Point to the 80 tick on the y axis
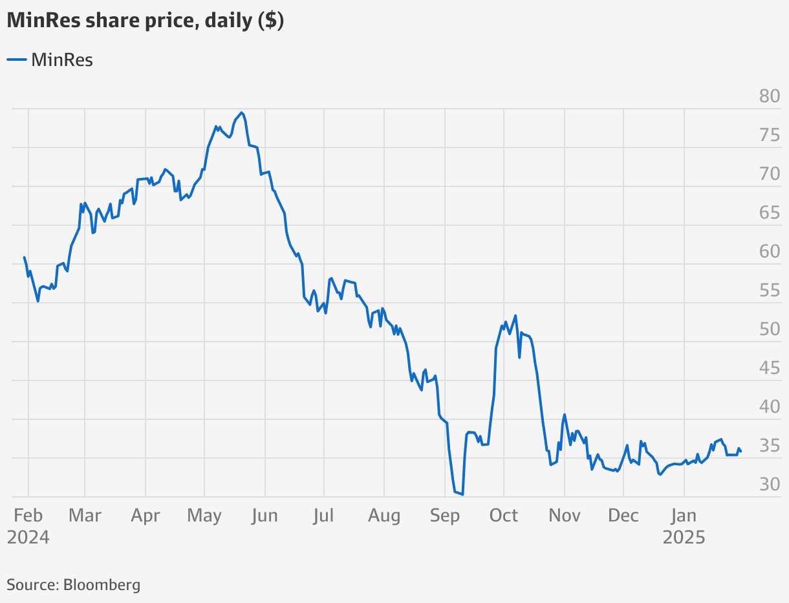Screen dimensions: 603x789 click(x=770, y=96)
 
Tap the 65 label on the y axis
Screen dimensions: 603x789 click(x=770, y=212)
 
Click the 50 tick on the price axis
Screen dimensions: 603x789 click(x=770, y=329)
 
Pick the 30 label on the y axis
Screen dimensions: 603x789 click(x=770, y=484)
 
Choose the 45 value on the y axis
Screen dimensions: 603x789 click(x=770, y=367)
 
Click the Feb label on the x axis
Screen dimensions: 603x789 click(x=28, y=516)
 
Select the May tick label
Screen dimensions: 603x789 click(x=204, y=516)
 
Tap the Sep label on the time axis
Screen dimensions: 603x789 click(x=445, y=516)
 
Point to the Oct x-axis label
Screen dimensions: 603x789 click(x=503, y=516)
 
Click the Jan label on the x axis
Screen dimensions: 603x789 click(x=684, y=516)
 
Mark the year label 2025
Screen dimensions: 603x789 click(x=684, y=538)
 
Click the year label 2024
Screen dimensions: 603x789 click(x=28, y=538)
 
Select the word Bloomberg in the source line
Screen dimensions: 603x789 click(x=102, y=586)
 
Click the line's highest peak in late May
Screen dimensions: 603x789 click(x=242, y=113)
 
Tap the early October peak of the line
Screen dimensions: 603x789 click(x=515, y=316)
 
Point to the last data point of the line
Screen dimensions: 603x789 click(x=741, y=452)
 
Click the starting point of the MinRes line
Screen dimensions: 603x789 click(x=25, y=258)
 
